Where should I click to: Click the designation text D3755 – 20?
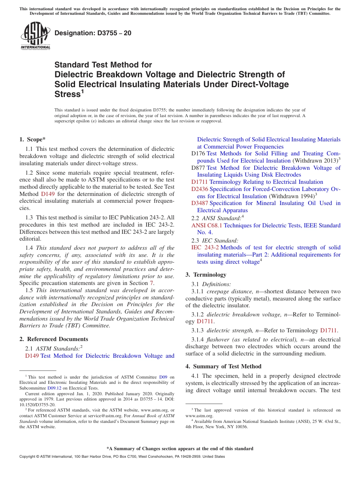[93, 33]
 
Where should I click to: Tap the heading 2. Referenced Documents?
[53, 339]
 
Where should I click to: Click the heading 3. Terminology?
[206, 275]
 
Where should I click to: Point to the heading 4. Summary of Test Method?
[223, 366]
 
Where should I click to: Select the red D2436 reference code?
[199, 189]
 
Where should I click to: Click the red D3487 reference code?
[199, 203]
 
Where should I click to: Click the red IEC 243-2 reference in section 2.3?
[205, 247]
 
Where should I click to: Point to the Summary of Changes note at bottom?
[180, 449]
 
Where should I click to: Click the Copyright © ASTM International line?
[122, 457]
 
